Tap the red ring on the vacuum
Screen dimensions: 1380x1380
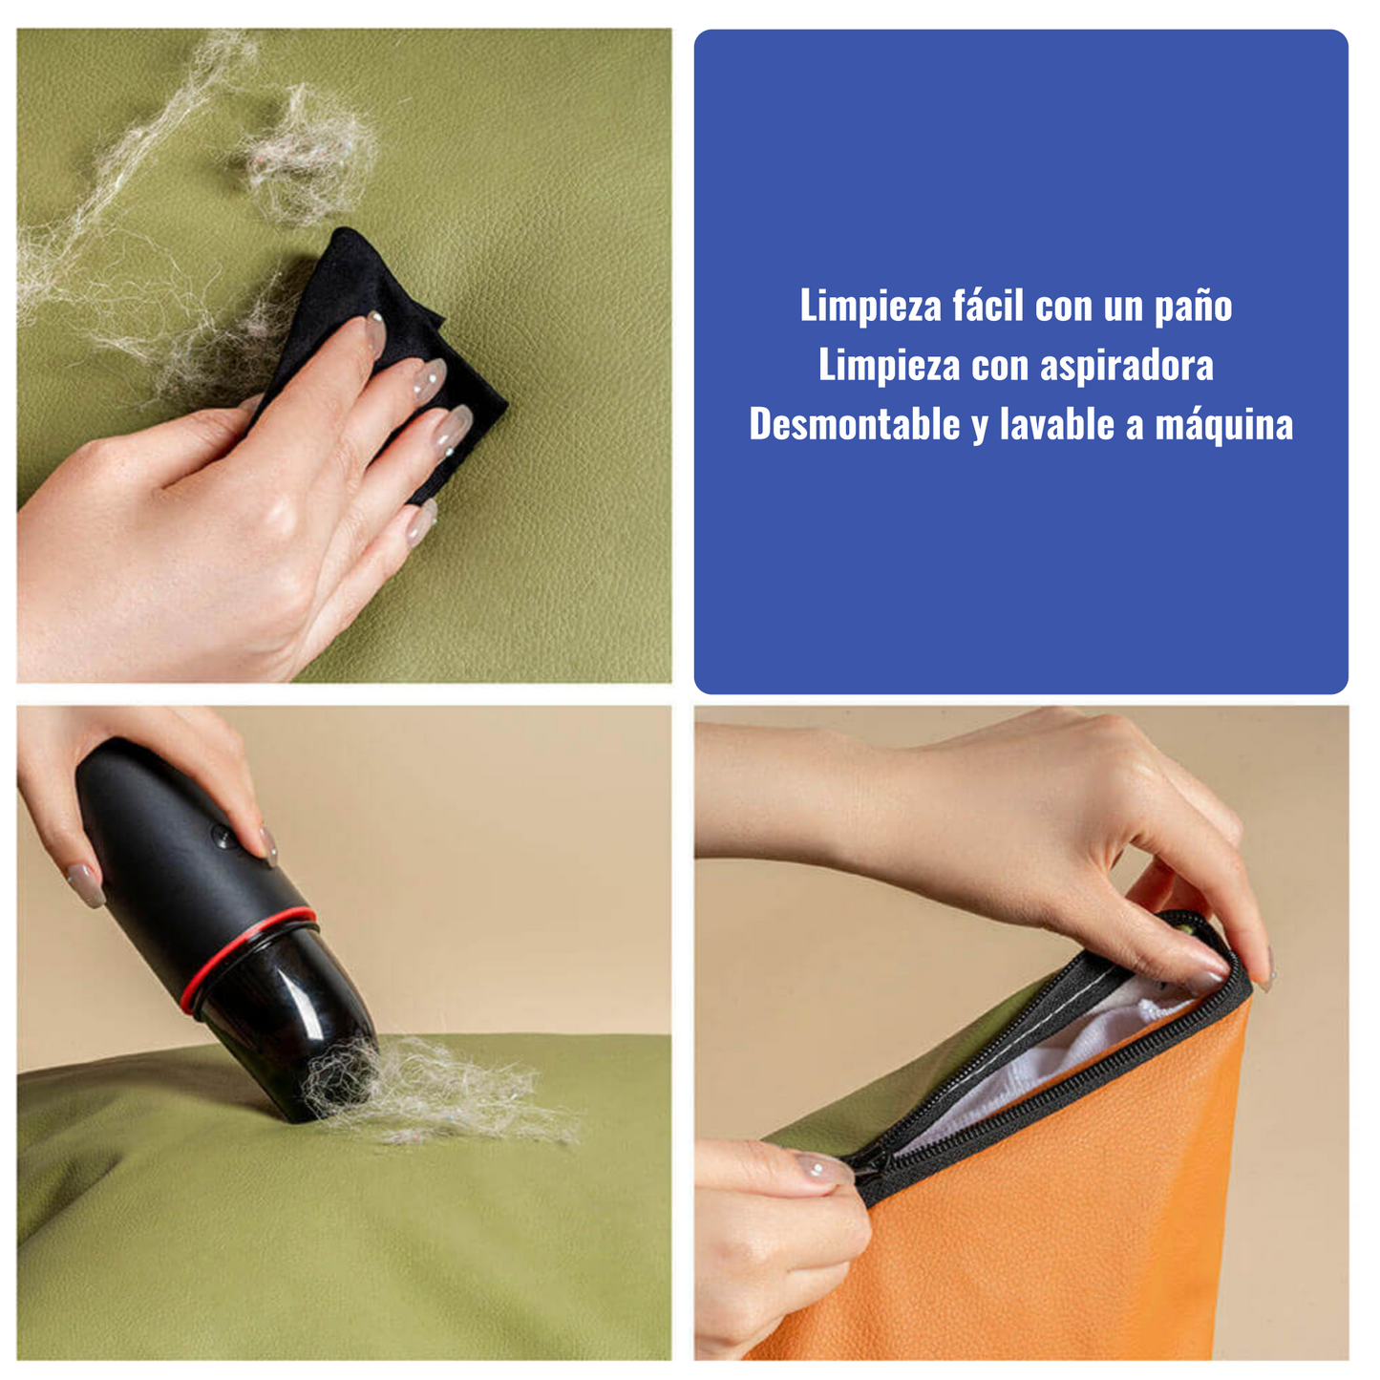[x=244, y=958]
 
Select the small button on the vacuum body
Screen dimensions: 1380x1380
[x=223, y=836]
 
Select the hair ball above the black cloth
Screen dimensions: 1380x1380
[x=308, y=154]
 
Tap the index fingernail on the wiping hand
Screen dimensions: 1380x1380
[x=374, y=333]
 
